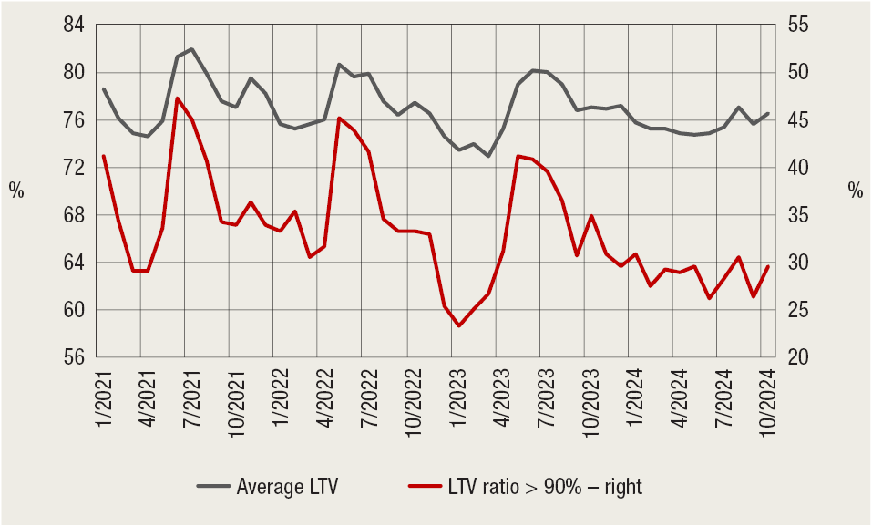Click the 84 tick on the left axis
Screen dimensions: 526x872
72,26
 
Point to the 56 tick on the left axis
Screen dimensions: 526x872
72,357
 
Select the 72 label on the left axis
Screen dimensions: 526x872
72,168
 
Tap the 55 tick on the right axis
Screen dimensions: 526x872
797,26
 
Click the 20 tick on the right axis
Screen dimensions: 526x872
797,357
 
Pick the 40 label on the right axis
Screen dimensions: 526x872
797,168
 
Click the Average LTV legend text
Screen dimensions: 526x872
287,487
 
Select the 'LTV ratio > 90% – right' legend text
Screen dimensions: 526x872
545,487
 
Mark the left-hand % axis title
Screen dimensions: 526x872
16,191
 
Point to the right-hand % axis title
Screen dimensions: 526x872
854,191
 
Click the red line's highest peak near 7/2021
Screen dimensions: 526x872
177,98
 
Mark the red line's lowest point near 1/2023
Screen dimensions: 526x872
459,325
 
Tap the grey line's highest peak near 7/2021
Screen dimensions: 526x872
191,49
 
